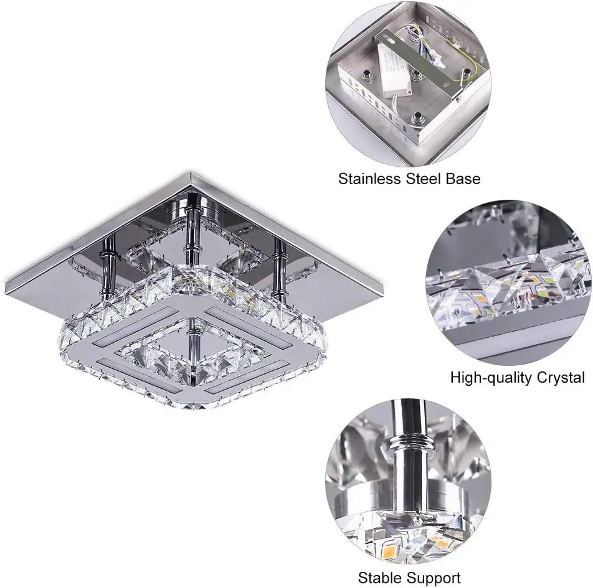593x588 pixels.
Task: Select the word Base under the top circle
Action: [x=463, y=179]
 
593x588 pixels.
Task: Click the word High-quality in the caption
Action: [x=488, y=378]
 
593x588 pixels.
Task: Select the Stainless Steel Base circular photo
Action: [x=409, y=83]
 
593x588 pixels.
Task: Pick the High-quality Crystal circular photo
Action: [x=509, y=282]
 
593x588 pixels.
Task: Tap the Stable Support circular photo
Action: [x=409, y=481]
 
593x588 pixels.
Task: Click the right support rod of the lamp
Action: [x=279, y=268]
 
